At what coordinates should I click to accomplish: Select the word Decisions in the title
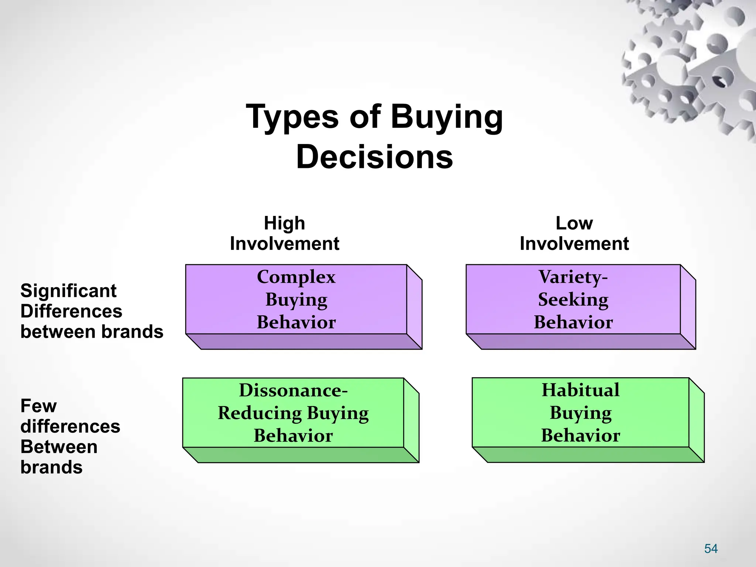point(374,157)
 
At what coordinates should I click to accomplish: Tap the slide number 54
point(711,549)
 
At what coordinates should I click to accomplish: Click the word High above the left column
point(284,223)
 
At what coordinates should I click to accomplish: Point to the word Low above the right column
point(574,223)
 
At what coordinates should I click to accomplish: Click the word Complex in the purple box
point(296,277)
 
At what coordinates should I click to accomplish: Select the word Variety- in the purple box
point(573,277)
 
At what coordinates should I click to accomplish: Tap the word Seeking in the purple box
point(573,299)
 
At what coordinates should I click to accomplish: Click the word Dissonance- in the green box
point(293,390)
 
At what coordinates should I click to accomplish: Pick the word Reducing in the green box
point(260,413)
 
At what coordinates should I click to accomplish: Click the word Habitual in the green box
point(580,390)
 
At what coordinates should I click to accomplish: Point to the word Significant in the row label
point(68,291)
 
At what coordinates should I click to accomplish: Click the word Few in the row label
point(38,406)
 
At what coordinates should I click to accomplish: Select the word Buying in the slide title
point(447,117)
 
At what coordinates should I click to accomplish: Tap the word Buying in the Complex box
point(296,300)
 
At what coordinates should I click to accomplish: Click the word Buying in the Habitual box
point(580,413)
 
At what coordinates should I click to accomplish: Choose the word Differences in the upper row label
point(71,311)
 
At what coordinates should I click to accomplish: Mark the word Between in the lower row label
point(59,447)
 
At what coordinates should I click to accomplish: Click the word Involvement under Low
point(574,244)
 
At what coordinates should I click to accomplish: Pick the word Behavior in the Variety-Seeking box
point(573,322)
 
